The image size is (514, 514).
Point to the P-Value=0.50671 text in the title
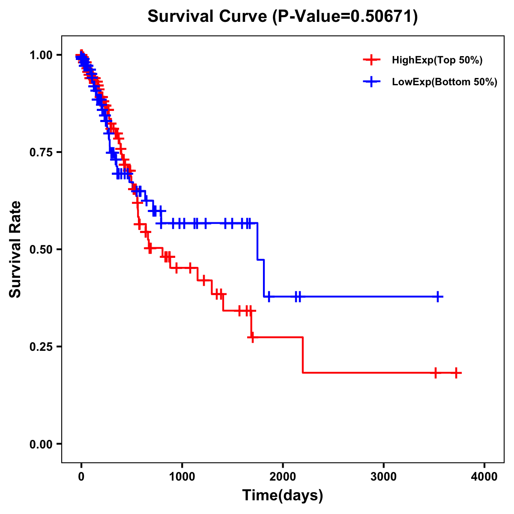(x=345, y=17)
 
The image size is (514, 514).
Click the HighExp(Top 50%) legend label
(x=437, y=60)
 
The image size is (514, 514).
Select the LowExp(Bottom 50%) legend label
(x=445, y=82)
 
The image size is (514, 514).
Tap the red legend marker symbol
(x=371, y=60)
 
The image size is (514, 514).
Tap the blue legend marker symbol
(x=371, y=82)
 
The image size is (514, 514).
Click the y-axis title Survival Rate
(x=15, y=249)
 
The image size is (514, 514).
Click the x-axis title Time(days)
(x=283, y=496)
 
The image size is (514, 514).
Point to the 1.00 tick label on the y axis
(x=41, y=55)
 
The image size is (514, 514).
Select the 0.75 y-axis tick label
(x=41, y=152)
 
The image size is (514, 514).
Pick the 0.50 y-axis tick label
(x=41, y=249)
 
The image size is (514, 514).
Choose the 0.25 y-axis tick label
(x=41, y=347)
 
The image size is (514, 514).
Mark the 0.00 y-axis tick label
(x=41, y=444)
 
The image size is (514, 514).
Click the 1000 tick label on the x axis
(x=182, y=477)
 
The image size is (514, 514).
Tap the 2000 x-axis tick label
(x=283, y=477)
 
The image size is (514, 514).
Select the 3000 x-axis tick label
(x=383, y=477)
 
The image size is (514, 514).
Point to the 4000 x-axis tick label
(x=484, y=477)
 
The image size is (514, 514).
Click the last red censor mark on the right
(x=457, y=373)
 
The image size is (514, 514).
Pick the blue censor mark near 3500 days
(x=438, y=296)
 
